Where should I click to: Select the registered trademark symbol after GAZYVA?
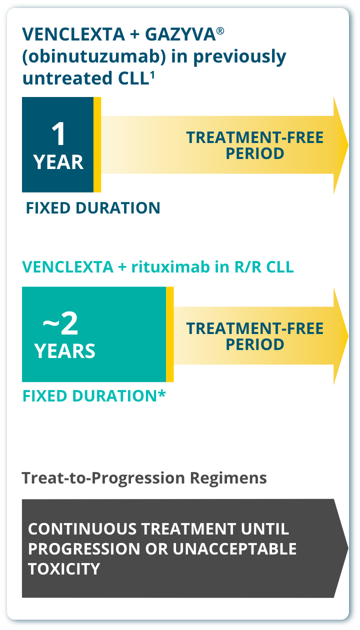point(220,30)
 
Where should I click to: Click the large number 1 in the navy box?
point(58,134)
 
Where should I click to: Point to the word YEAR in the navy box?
point(58,162)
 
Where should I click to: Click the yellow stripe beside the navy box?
point(97,144)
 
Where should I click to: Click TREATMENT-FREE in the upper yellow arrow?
point(254,137)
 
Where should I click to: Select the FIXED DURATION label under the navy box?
point(93,208)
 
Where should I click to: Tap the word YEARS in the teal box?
point(65,351)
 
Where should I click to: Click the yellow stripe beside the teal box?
point(170,334)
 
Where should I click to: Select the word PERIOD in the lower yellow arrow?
point(254,344)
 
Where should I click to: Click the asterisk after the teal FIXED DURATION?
point(161,394)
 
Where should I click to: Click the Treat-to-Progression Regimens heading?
point(144,478)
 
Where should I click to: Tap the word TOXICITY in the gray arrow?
point(64,568)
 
